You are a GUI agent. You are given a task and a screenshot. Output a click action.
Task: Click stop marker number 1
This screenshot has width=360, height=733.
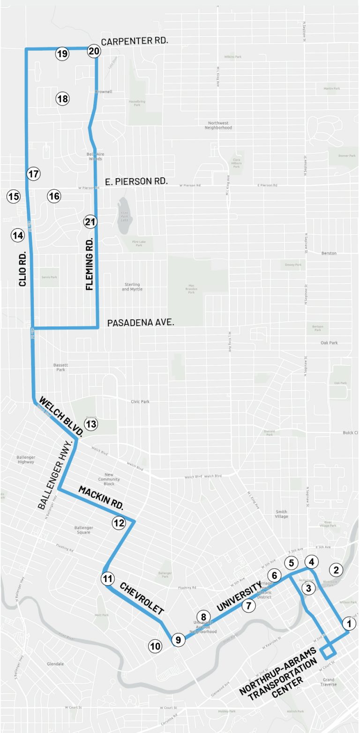348,623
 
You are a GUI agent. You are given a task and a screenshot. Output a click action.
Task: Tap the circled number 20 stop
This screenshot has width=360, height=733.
94,51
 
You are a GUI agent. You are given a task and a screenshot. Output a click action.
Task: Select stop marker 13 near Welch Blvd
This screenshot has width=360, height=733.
90,424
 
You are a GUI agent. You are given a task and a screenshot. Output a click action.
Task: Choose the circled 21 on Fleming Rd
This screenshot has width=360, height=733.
90,222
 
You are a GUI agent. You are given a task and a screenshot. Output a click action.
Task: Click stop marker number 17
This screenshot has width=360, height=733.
33,174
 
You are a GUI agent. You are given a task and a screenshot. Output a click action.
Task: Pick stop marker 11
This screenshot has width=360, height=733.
108,578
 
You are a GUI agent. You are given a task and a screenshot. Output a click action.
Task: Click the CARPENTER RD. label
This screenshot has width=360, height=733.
135,41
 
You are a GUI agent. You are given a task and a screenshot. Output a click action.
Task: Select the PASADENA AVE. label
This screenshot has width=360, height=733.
141,323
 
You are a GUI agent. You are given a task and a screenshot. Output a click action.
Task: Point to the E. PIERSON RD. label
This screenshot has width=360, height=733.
134,181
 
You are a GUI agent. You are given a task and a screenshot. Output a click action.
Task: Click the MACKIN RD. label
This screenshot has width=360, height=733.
101,498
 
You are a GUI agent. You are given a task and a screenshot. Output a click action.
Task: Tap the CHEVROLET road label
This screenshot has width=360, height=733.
142,598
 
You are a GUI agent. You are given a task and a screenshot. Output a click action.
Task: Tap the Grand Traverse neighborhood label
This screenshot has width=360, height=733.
329,681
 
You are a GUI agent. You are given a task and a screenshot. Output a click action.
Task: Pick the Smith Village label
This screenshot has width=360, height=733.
281,514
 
